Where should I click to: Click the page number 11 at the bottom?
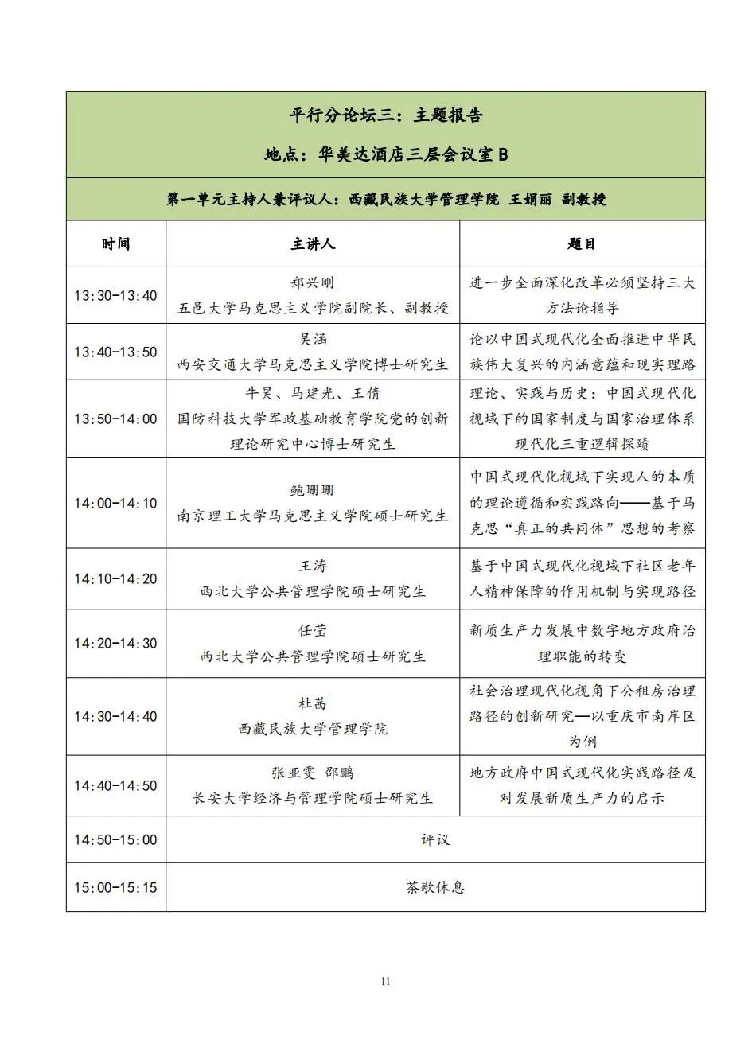pos(385,981)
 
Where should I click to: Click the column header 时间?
pos(115,243)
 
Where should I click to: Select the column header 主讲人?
pos(312,243)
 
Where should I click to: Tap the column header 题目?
pos(582,243)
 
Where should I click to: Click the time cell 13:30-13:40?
pos(115,295)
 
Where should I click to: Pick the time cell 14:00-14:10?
pos(115,503)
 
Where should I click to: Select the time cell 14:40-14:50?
pos(115,785)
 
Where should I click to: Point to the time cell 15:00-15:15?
pos(115,887)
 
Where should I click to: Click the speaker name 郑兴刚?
pos(312,282)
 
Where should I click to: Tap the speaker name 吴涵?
pos(312,339)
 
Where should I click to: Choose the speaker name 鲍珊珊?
pos(312,490)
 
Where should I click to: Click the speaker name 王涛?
pos(312,566)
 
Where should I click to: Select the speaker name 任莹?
pos(312,630)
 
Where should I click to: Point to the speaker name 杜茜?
pos(312,703)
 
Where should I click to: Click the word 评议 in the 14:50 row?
pos(435,839)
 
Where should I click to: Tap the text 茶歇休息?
pos(435,887)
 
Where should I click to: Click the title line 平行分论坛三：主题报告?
pos(385,115)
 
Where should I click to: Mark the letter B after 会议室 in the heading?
pos(502,154)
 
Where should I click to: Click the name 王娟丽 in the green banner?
pos(530,199)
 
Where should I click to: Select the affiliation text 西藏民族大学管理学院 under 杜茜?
pos(312,729)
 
